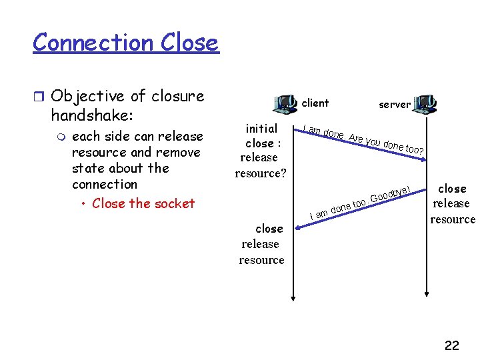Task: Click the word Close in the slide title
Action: click(x=189, y=43)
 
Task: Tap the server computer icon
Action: click(x=425, y=103)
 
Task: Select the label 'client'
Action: click(x=315, y=103)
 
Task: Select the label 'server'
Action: click(x=395, y=105)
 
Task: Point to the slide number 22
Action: click(x=451, y=345)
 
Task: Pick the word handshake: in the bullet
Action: click(x=93, y=115)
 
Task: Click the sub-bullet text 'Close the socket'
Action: click(x=143, y=203)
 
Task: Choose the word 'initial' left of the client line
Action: click(x=262, y=128)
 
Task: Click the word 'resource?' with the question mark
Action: click(x=260, y=173)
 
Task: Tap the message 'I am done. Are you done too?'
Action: click(x=364, y=139)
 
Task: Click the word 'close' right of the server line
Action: click(x=452, y=189)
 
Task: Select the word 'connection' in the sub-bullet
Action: click(x=105, y=184)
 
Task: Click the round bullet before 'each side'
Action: click(x=61, y=137)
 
